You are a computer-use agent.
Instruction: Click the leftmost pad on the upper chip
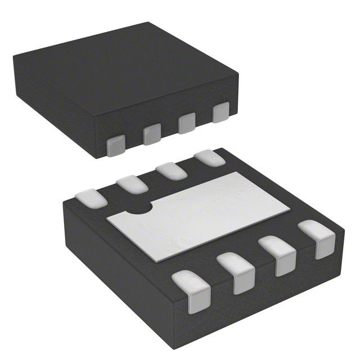116,146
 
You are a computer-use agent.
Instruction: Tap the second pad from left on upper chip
151,135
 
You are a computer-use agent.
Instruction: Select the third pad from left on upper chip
187,124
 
